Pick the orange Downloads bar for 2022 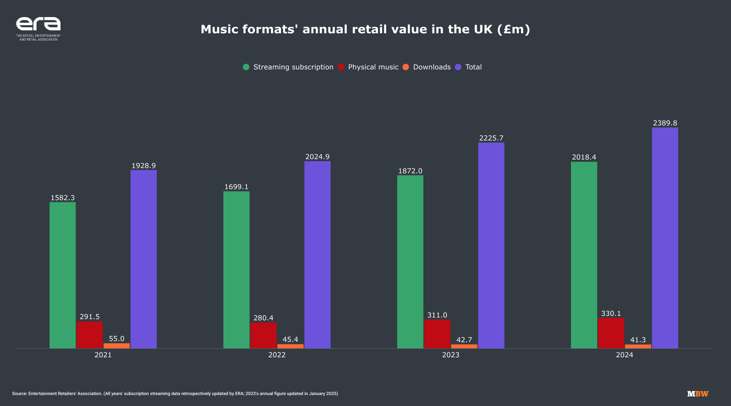[290, 346]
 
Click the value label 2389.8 [665, 123]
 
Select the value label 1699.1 [236, 187]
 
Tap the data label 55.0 [117, 339]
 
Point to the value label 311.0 [437, 315]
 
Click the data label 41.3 [638, 340]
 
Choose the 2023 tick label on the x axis [450, 355]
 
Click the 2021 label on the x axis [103, 355]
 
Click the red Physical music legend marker [341, 67]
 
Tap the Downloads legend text [432, 67]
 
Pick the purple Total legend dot [458, 67]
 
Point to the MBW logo [698, 394]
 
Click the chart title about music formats [365, 29]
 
